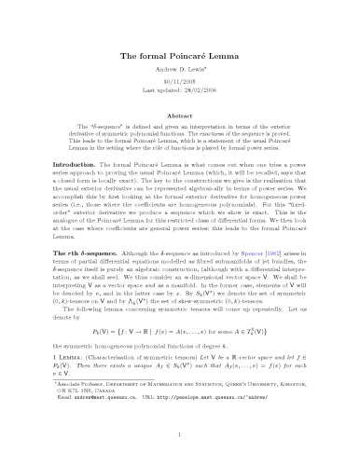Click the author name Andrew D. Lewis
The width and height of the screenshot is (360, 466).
179,75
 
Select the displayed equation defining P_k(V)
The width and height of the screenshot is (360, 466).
180,358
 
